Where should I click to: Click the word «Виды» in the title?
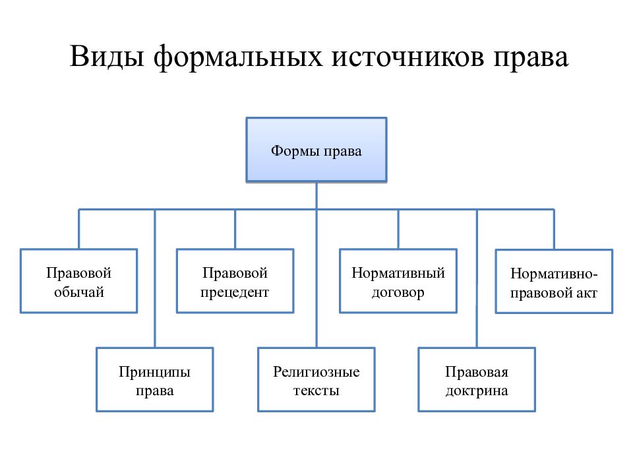[x=107, y=57]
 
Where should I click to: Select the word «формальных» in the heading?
[x=238, y=57]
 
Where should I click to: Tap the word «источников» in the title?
[x=407, y=57]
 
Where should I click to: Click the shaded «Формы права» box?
[x=316, y=150]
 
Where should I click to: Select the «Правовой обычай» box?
[x=78, y=281]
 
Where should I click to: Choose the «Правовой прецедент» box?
[x=235, y=281]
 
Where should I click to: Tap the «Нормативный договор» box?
[x=398, y=281]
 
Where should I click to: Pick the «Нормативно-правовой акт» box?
[x=554, y=282]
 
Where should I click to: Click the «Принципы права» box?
[x=154, y=380]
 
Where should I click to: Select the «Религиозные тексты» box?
[x=316, y=380]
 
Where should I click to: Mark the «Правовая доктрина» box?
[x=477, y=380]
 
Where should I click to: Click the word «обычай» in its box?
[x=79, y=292]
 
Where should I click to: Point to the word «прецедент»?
[x=235, y=292]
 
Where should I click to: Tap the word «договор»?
[x=398, y=292]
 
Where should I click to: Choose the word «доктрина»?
[x=477, y=391]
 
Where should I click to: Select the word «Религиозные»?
[x=316, y=371]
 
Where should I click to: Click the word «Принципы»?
[x=154, y=371]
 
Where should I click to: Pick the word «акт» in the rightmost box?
[x=587, y=293]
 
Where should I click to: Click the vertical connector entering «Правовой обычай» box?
[x=78, y=229]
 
